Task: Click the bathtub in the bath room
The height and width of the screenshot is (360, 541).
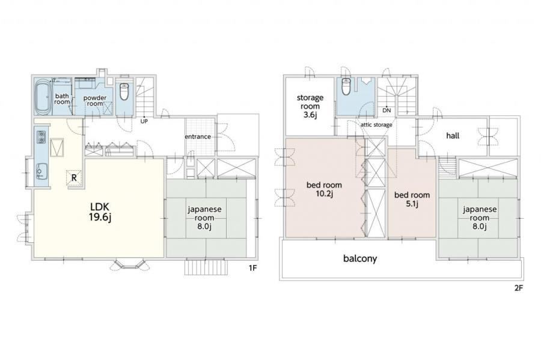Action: pyautogui.click(x=43, y=97)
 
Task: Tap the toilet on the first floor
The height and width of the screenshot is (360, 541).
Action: pyautogui.click(x=124, y=91)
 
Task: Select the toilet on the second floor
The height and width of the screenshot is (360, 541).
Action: pyautogui.click(x=346, y=86)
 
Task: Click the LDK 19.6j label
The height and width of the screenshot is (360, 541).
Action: pyautogui.click(x=100, y=212)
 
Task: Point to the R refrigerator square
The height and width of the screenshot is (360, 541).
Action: pyautogui.click(x=74, y=177)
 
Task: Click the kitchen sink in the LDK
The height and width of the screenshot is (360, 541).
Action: pyautogui.click(x=41, y=171)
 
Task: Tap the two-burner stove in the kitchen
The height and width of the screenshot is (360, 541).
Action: pyautogui.click(x=41, y=137)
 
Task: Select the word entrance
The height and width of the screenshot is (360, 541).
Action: pyautogui.click(x=198, y=136)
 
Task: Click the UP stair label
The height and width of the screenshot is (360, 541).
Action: pyautogui.click(x=144, y=121)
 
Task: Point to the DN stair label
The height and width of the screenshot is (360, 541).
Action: pyautogui.click(x=387, y=111)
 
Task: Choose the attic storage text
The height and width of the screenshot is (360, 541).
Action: pyautogui.click(x=376, y=124)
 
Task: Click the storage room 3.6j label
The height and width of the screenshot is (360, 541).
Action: pyautogui.click(x=310, y=106)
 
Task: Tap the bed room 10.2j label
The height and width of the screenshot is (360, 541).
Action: pyautogui.click(x=324, y=190)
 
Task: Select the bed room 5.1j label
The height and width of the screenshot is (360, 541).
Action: pyautogui.click(x=412, y=200)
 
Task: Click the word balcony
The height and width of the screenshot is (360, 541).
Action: pyautogui.click(x=360, y=258)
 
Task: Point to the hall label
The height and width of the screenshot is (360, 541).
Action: pyautogui.click(x=453, y=135)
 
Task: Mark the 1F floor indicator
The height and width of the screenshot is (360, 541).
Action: pyautogui.click(x=253, y=267)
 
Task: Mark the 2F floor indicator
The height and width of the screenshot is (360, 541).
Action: pyautogui.click(x=519, y=288)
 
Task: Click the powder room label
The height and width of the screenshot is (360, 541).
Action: pyautogui.click(x=95, y=101)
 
